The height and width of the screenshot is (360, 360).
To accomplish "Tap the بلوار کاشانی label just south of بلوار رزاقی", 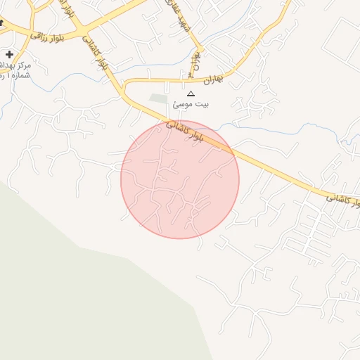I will point(96,53).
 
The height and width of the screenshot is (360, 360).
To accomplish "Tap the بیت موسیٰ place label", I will point(191,105).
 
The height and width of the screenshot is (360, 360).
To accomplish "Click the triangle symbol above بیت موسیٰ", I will point(190,94).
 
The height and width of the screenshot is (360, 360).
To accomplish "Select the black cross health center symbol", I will point(9,54).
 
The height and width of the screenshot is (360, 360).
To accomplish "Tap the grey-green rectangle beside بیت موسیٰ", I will point(159,99).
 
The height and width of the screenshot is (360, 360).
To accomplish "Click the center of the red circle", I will point(180,179).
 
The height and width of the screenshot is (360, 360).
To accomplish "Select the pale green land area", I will point(84,302).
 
